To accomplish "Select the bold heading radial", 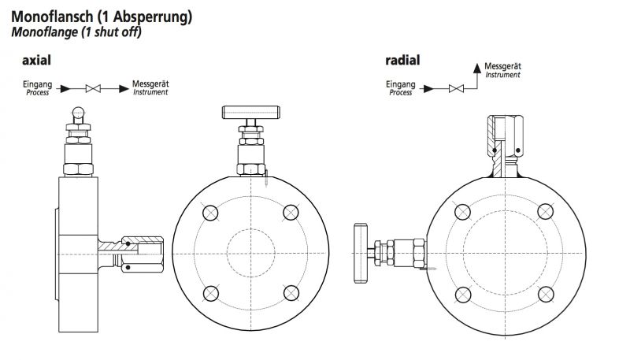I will (x=402, y=60).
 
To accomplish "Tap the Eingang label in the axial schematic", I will (x=38, y=84).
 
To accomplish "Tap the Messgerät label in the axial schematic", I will (x=151, y=84).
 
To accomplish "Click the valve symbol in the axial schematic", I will (x=94, y=88).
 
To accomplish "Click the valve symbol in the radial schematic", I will (x=454, y=88).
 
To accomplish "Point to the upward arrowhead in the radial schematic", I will (x=476, y=68).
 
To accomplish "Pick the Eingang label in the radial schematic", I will (x=400, y=84).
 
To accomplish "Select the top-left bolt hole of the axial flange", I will (x=210, y=213).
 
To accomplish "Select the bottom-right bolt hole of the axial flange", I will (x=291, y=293).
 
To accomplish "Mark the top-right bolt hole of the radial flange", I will (x=543, y=212).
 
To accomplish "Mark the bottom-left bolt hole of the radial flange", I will (x=463, y=293).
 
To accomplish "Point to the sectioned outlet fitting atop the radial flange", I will (x=503, y=139).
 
